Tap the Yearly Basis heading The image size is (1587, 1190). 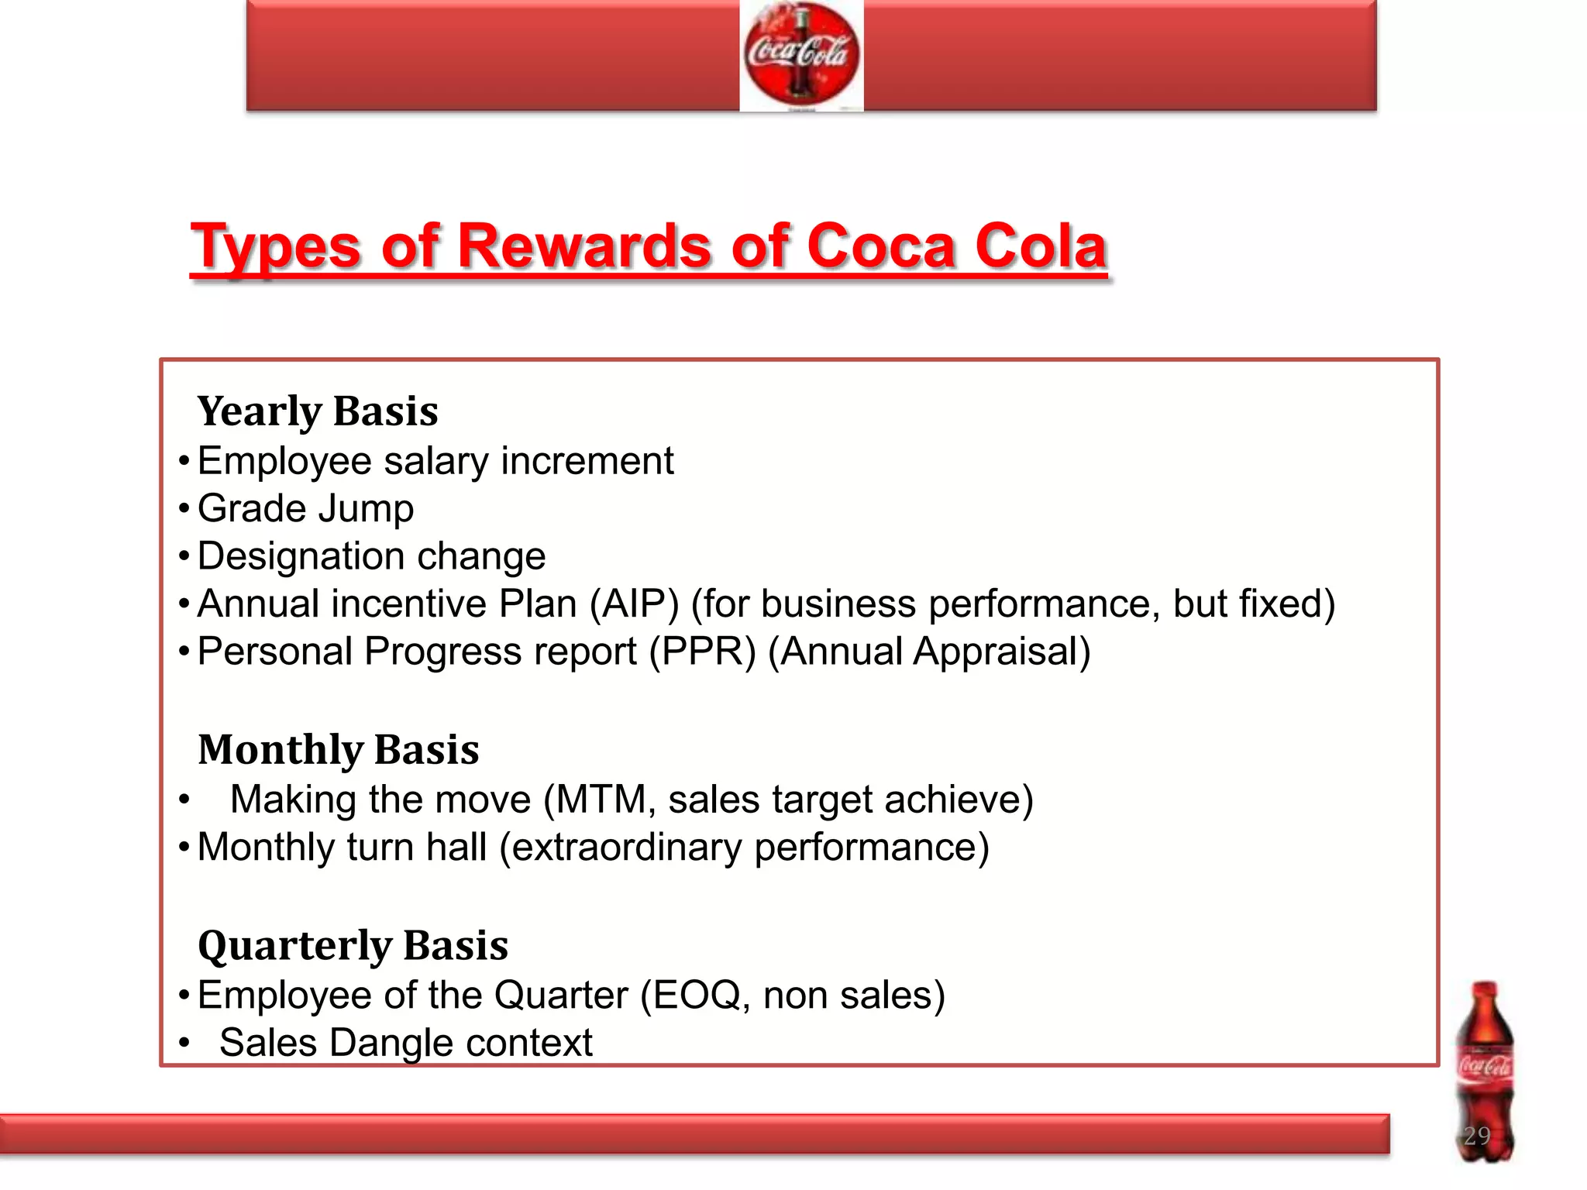(318, 411)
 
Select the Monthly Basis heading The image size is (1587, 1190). (339, 749)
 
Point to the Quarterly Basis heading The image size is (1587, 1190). (353, 945)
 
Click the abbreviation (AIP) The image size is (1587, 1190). (634, 604)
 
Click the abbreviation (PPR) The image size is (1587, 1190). (702, 652)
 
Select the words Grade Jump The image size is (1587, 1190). (305, 509)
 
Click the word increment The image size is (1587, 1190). (587, 462)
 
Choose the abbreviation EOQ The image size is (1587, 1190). (698, 996)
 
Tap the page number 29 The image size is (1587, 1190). (1477, 1136)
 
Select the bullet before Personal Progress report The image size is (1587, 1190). (184, 652)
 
